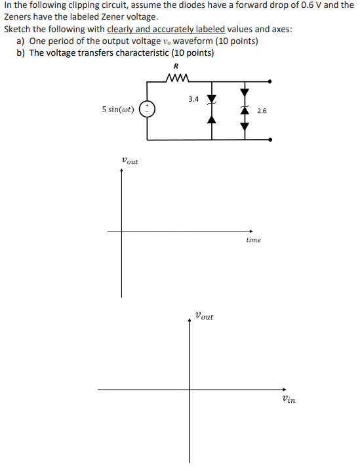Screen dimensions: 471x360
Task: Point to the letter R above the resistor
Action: (176, 67)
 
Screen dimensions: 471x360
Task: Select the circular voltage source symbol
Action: (147, 110)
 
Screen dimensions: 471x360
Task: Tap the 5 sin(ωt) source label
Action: (118, 110)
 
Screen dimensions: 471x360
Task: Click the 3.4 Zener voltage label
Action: (193, 100)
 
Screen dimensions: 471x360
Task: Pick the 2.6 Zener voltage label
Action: (262, 111)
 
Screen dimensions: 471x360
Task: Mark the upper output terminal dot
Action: (270, 81)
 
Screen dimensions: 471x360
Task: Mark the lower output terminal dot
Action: (270, 139)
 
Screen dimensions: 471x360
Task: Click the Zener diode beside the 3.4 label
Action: (212, 100)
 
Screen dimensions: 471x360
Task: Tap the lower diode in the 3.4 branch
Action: (212, 119)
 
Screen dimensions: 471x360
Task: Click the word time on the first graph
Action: (253, 240)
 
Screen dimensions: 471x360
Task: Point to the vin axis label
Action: (287, 399)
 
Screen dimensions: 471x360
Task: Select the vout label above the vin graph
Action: (204, 316)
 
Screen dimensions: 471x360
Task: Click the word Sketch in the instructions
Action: (16, 30)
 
